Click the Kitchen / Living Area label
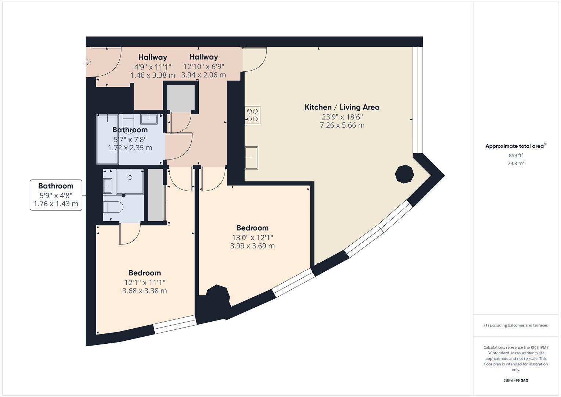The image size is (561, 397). coord(342,107)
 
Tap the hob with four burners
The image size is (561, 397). coord(252,115)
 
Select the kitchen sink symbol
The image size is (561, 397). coord(251,158)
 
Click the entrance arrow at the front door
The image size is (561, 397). coord(88,62)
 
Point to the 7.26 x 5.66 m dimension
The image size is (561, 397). coord(342,125)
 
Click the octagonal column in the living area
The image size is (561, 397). coord(404,174)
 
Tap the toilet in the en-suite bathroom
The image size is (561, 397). coord(112,207)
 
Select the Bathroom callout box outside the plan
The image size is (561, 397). coord(56,195)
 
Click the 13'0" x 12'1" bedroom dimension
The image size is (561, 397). coord(252,237)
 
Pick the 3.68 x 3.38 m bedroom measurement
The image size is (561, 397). coord(144,291)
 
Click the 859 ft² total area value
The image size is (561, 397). coord(515,155)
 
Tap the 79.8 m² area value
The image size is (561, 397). coord(515,164)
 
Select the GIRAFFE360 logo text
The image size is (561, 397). coord(515,380)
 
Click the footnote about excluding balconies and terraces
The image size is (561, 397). coord(515,325)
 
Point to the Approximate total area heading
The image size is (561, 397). coord(515,146)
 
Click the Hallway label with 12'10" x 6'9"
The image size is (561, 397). coord(204,57)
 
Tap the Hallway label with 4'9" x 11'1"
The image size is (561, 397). coord(152,57)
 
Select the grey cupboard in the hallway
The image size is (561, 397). coord(181,98)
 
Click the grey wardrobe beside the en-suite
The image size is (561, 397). coord(156,195)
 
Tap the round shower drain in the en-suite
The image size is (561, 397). coord(130,178)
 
